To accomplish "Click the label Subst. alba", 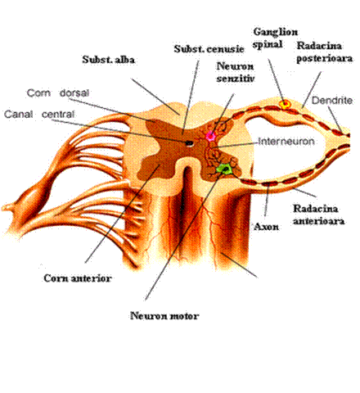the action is (x=109, y=60).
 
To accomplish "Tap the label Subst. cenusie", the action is (x=209, y=49).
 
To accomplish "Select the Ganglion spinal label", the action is (x=276, y=38).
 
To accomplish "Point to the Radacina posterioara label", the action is (x=324, y=52).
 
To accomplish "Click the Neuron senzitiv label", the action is (x=236, y=72).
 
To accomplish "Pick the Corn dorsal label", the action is (x=58, y=93).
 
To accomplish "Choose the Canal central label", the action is (x=39, y=114).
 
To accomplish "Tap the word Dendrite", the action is (x=332, y=101).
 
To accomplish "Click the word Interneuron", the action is (x=286, y=142).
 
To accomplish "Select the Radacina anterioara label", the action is (x=318, y=215).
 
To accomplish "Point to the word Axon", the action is (x=266, y=227).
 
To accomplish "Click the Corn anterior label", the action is (x=78, y=278).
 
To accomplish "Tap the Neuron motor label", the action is (x=164, y=316).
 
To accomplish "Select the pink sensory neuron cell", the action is (x=210, y=136).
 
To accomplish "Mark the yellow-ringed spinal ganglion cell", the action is (x=285, y=105).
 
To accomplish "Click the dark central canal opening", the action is (x=189, y=142).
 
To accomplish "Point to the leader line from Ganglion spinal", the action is (x=276, y=80).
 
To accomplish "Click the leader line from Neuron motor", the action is (x=186, y=235).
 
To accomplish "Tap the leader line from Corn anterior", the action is (x=122, y=214).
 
